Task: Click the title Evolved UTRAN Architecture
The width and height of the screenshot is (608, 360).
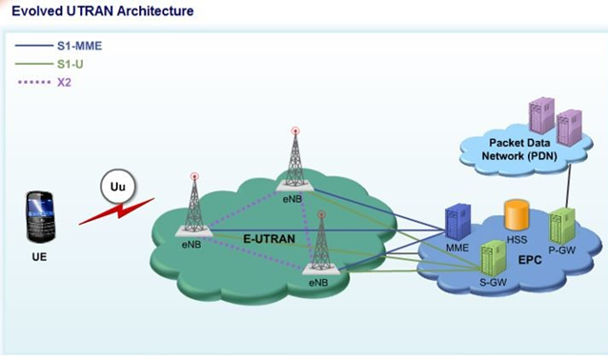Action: (102, 11)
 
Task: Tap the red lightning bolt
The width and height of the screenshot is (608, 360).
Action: (116, 210)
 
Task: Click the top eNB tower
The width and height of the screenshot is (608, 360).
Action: (295, 156)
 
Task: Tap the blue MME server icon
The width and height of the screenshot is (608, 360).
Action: (456, 221)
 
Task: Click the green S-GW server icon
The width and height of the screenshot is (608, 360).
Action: (493, 258)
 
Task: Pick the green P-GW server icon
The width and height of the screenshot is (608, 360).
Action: (562, 224)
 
